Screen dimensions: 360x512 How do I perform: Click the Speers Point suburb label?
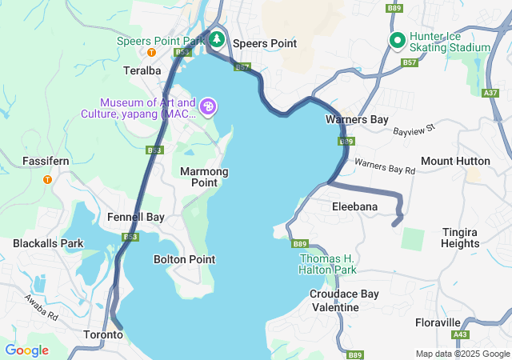pyautogui.click(x=264, y=43)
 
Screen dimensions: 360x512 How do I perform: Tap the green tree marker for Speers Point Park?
pyautogui.click(x=216, y=39)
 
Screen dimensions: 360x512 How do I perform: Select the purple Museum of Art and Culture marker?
pyautogui.click(x=208, y=106)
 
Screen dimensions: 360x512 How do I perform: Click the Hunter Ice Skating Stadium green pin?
pyautogui.click(x=397, y=39)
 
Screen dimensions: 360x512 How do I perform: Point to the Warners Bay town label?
pyautogui.click(x=357, y=119)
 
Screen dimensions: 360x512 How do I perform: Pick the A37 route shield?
pyautogui.click(x=490, y=93)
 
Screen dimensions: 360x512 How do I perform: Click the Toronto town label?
pyautogui.click(x=104, y=334)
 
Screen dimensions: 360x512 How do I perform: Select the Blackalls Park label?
pyautogui.click(x=48, y=243)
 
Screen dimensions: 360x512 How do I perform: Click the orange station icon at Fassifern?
pyautogui.click(x=47, y=179)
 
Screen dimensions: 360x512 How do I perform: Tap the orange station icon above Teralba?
pyautogui.click(x=150, y=53)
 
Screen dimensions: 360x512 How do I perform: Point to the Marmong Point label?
pyautogui.click(x=204, y=177)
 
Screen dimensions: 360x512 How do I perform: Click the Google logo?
pyautogui.click(x=26, y=350)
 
